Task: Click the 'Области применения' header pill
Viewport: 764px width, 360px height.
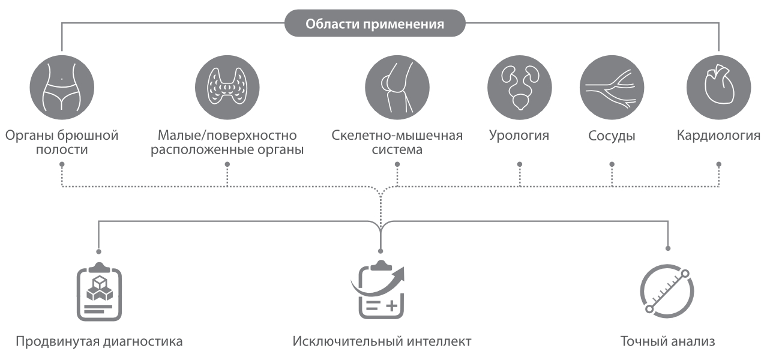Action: [x=374, y=25]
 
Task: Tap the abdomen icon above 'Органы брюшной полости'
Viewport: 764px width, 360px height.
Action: [x=61, y=88]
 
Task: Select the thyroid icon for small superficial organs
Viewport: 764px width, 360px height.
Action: [x=227, y=88]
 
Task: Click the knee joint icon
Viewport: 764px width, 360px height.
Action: [x=397, y=88]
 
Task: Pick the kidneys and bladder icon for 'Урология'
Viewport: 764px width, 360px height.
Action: [x=519, y=88]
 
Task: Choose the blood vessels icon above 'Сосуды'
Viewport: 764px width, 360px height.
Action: [x=611, y=88]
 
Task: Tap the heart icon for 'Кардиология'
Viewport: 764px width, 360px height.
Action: [x=718, y=88]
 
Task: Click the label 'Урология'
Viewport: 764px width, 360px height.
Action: [x=519, y=135]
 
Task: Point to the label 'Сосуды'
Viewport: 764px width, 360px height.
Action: [x=612, y=136]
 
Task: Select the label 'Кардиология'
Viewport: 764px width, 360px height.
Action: [x=718, y=135]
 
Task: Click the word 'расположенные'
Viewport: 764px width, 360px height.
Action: [x=195, y=149]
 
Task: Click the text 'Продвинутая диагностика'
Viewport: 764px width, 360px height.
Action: [x=98, y=342]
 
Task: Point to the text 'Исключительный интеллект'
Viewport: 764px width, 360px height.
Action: [x=382, y=342]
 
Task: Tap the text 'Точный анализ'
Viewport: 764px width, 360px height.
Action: [x=667, y=342]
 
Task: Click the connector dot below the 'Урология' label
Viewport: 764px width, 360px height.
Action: [x=520, y=164]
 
